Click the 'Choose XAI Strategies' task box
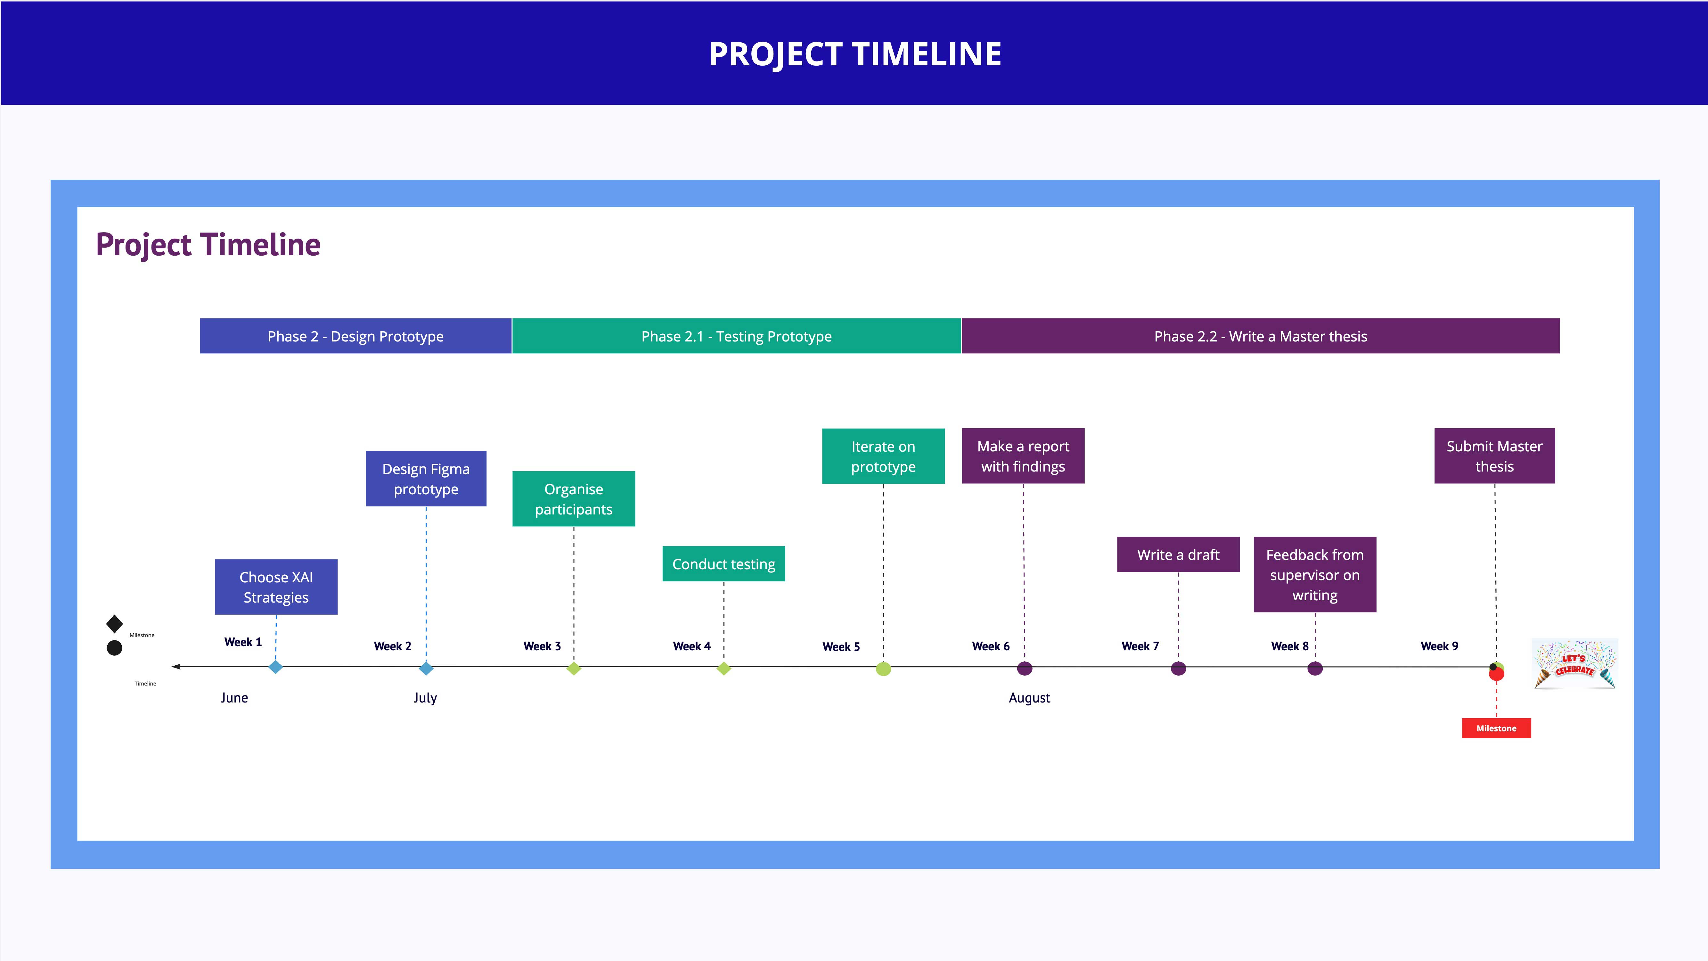(x=276, y=587)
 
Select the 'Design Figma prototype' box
(x=426, y=479)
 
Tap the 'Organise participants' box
(x=574, y=499)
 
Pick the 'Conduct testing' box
(x=723, y=564)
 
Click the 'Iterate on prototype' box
(x=883, y=456)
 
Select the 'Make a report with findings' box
(x=1023, y=456)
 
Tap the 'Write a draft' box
(x=1178, y=554)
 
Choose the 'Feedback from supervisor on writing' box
(x=1315, y=574)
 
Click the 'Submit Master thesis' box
(x=1494, y=456)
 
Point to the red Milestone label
(x=1497, y=728)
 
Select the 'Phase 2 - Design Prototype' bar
(x=355, y=336)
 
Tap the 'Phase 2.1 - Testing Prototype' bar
(x=736, y=336)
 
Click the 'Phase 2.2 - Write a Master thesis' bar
(x=1261, y=336)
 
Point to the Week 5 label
(x=841, y=647)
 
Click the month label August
(x=1029, y=698)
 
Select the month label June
(x=234, y=698)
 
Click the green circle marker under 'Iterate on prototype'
(x=883, y=669)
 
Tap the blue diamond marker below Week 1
(x=276, y=667)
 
